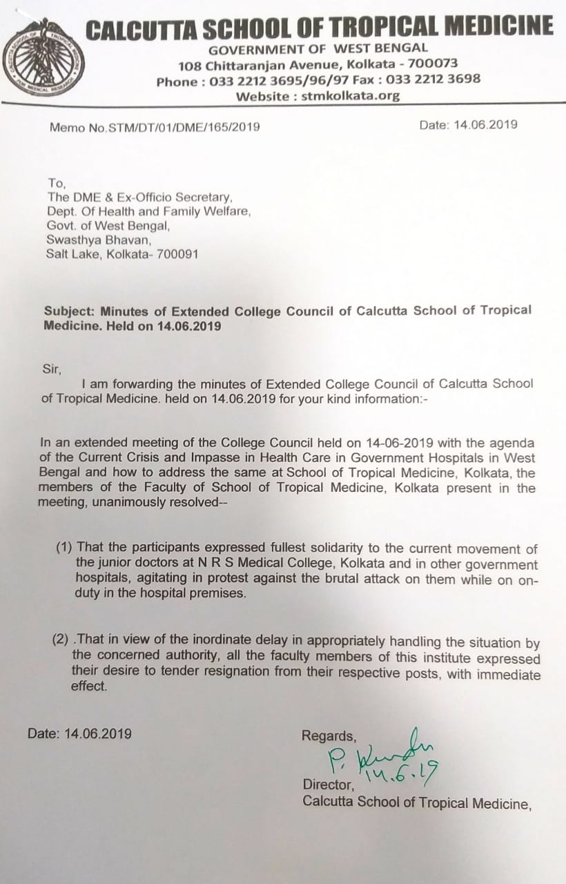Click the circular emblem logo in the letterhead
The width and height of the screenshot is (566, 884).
(43, 58)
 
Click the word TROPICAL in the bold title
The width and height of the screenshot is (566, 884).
(382, 27)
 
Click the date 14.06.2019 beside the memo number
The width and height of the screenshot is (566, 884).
(485, 125)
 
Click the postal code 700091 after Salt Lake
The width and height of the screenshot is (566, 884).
(177, 254)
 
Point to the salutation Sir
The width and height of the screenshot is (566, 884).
(52, 368)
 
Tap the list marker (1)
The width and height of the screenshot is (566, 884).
(64, 549)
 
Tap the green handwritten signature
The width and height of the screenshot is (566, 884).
(380, 755)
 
